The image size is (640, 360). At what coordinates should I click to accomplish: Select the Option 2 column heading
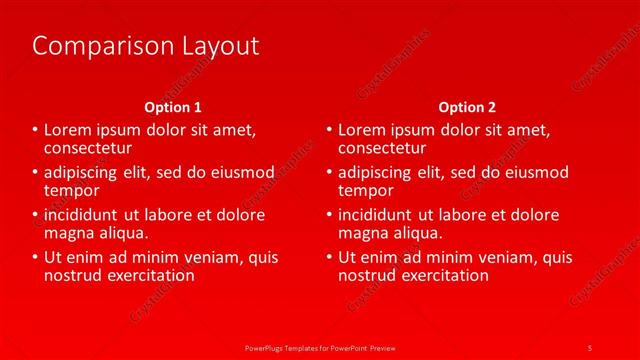pos(467,106)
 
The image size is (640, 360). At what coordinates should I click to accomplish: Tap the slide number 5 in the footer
pos(589,347)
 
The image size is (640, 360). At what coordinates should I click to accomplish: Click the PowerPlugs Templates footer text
pos(319,347)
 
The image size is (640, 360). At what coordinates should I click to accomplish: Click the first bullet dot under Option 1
pos(36,130)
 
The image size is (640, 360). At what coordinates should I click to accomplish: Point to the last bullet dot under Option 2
pos(330,257)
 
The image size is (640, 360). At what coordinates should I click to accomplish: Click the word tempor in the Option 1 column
pos(72,190)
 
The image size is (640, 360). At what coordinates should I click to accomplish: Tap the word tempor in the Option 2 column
pos(366,190)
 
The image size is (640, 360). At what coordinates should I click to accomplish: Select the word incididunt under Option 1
pos(83,215)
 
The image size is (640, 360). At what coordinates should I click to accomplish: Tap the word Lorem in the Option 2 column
pos(360,130)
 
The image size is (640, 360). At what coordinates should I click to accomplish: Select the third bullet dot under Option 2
pos(330,215)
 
